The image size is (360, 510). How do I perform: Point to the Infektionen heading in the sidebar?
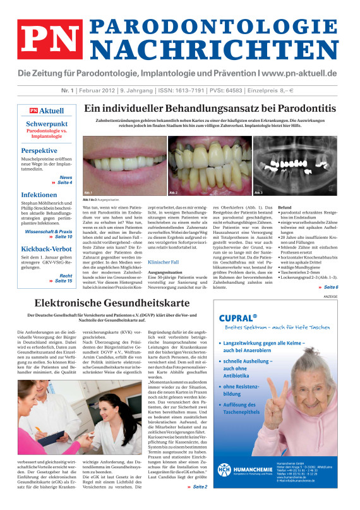(x=42, y=195)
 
